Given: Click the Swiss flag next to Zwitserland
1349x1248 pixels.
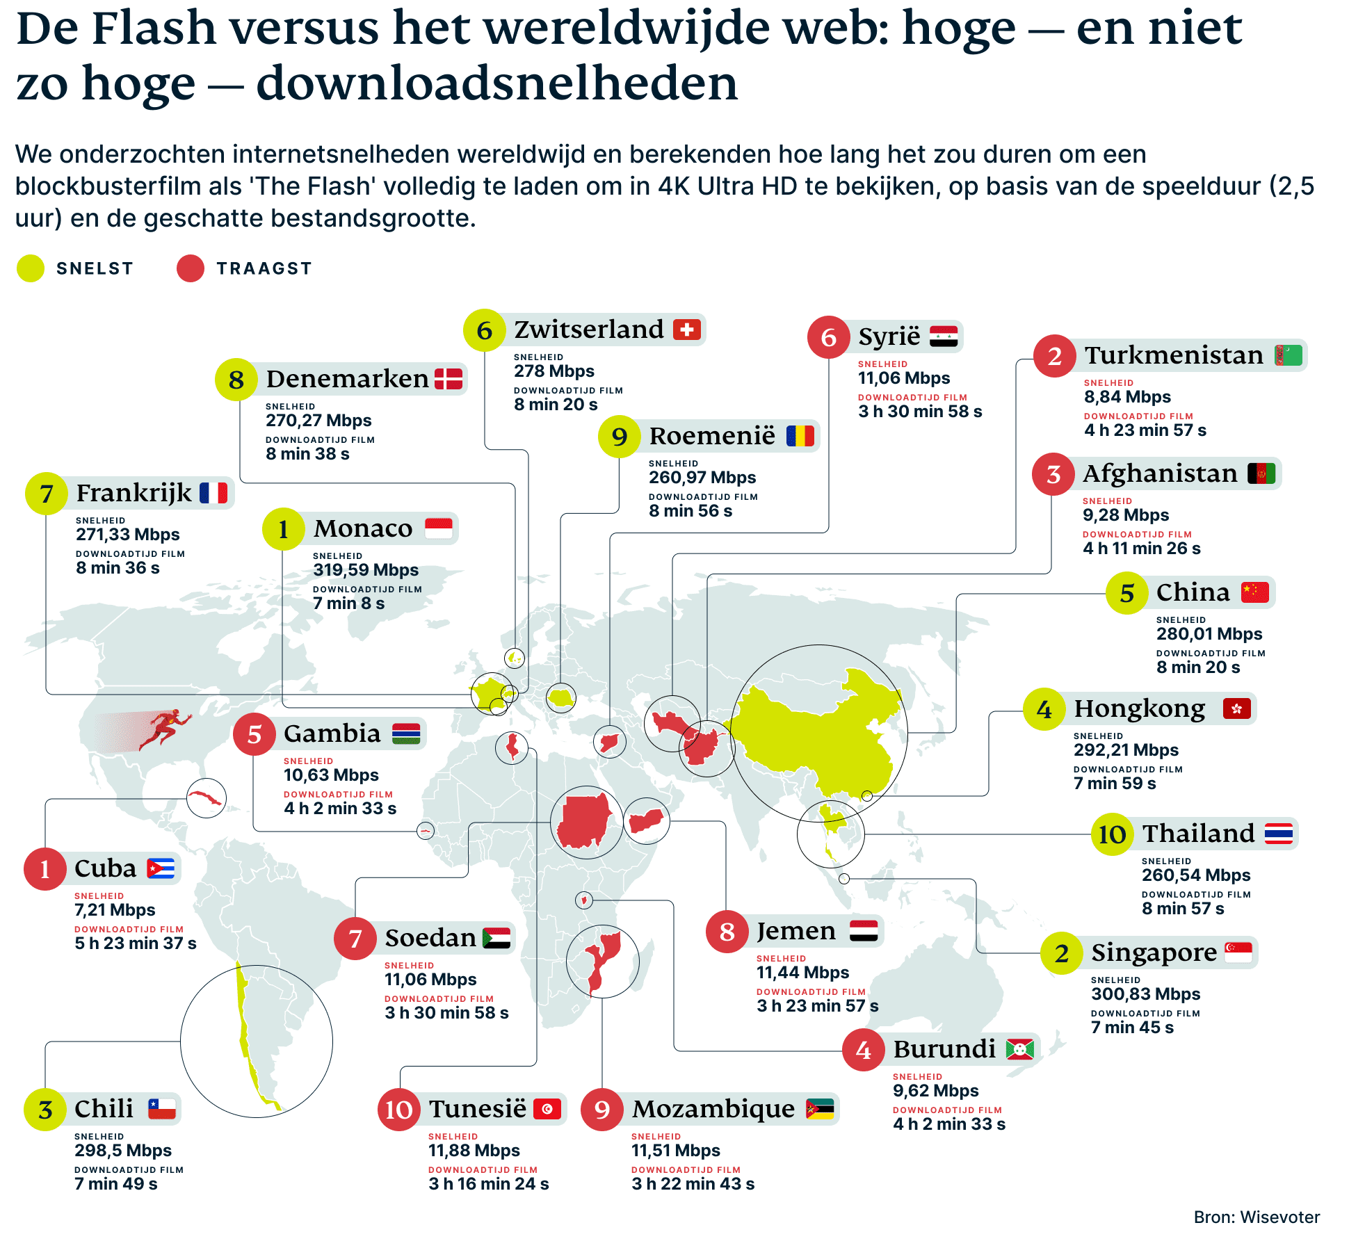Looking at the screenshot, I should point(686,330).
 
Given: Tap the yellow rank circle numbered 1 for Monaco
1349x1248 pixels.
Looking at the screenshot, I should point(283,529).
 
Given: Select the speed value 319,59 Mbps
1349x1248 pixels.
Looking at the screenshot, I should point(366,570).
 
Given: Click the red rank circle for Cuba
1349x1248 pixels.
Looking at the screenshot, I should point(45,869).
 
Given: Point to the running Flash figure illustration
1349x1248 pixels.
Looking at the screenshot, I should point(164,729).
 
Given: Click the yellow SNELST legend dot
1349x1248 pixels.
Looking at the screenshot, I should point(31,268).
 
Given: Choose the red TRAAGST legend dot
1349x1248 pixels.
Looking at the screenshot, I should point(190,268).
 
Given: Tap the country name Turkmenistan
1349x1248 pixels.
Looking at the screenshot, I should point(1173,355).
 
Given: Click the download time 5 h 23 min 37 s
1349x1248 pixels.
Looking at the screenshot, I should point(136,943).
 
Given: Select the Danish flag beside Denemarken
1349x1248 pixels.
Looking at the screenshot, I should point(449,379).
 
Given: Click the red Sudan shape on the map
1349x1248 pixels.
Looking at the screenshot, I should point(585,822).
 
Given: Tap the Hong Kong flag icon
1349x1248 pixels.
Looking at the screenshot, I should point(1236,708).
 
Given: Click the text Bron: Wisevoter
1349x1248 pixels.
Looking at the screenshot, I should point(1256,1217).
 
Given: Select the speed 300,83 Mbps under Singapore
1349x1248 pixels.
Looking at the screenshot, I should point(1145,994).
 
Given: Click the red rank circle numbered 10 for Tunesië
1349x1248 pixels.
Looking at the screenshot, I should point(399,1110).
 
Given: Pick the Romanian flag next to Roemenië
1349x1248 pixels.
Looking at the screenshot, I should point(800,436).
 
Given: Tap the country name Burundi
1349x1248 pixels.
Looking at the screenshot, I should point(944,1049).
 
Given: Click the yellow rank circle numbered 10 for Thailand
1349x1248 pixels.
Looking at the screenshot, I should point(1112,834).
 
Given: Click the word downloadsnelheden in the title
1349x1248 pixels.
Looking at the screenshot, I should point(496,83).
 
